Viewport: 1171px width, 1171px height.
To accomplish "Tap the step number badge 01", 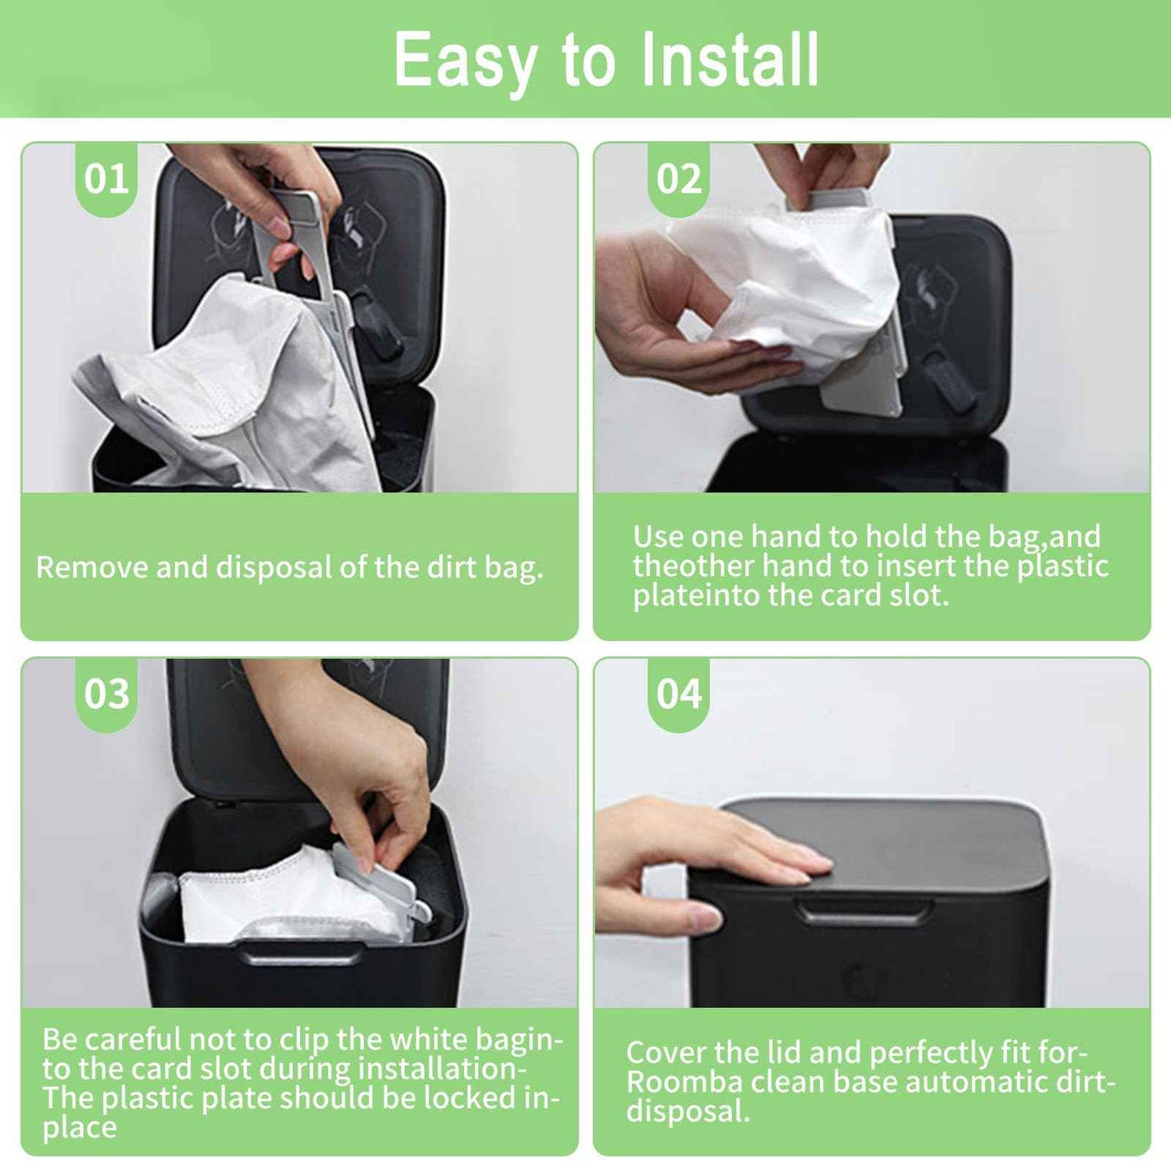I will (106, 179).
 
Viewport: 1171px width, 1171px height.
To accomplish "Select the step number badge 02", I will (679, 179).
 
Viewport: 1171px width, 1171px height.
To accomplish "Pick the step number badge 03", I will (106, 694).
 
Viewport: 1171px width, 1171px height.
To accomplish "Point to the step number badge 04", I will (679, 694).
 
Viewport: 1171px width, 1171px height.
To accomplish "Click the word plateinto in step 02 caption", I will (695, 596).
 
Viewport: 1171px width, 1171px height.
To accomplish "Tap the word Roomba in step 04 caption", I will (684, 1082).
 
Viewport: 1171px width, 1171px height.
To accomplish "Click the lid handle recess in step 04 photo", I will (864, 912).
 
